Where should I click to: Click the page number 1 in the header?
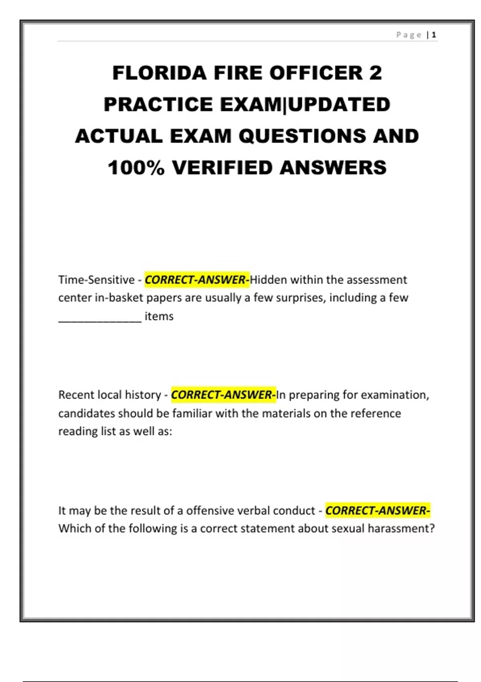coord(434,35)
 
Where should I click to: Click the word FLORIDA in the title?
coord(160,73)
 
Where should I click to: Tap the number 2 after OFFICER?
coord(375,73)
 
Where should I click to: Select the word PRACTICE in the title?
coord(158,105)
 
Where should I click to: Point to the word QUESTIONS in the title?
coord(303,136)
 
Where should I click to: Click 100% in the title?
coord(136,168)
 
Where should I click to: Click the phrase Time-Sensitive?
coord(96,280)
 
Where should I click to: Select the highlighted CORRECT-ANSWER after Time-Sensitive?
coord(197,280)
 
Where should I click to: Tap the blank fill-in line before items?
coord(100,317)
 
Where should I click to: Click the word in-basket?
coord(119,298)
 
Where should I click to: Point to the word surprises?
coord(295,298)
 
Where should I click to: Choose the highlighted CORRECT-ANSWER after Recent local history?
coord(223,395)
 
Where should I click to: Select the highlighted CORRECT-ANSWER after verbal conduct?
coord(377,511)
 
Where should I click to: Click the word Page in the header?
coord(409,35)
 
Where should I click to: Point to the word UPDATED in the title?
coord(339,105)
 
